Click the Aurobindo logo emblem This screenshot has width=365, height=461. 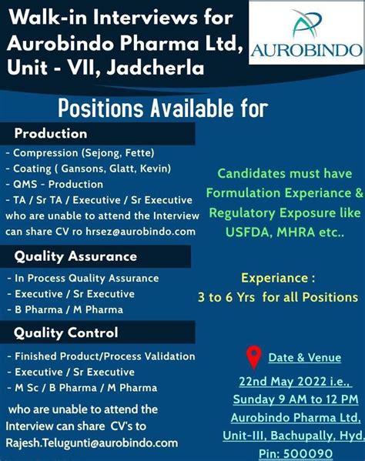click(305, 24)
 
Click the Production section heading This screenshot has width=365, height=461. click(51, 133)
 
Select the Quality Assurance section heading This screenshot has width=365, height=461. click(75, 256)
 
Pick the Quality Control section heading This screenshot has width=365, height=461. click(66, 332)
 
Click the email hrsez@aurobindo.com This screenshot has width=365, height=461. click(141, 232)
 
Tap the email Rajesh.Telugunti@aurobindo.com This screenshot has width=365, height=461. click(92, 443)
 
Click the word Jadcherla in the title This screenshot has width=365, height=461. click(156, 68)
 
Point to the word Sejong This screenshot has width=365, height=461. click(103, 153)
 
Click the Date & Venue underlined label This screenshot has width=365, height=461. click(305, 358)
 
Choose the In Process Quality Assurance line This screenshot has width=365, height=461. click(83, 279)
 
